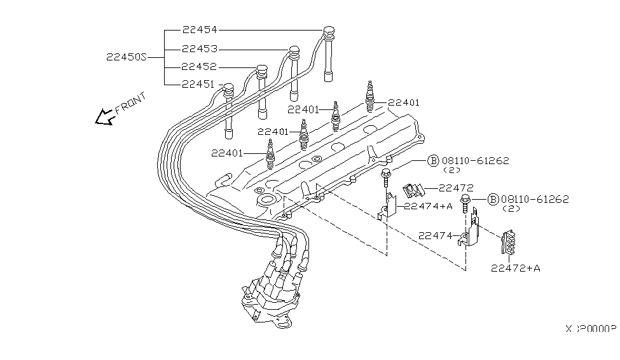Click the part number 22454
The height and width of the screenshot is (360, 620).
tap(199, 30)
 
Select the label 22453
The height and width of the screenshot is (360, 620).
tap(199, 48)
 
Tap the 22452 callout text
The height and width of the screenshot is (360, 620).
tap(199, 66)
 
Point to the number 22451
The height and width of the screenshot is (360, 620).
tap(199, 83)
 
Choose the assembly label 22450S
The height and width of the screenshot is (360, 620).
tap(127, 57)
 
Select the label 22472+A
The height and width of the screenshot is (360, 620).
tap(515, 268)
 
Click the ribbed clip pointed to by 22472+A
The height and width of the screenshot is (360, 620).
tap(510, 242)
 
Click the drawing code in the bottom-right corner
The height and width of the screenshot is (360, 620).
tap(591, 329)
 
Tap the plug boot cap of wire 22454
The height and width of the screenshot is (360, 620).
tap(328, 31)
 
